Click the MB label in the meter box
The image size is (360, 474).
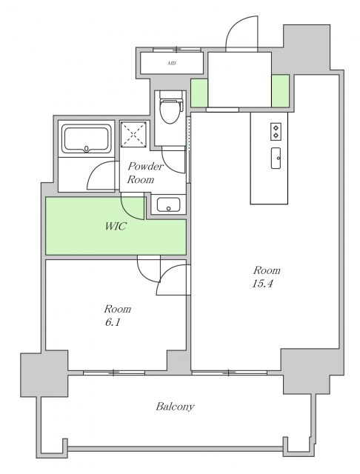point(172,64)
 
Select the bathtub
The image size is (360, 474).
point(87,138)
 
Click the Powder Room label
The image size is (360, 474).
point(145,173)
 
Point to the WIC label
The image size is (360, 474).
point(115,226)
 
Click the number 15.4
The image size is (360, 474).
point(262,284)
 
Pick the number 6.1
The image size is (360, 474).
point(113,323)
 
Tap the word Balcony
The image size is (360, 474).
point(175,407)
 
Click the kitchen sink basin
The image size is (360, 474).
point(276,158)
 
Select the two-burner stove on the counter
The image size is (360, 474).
point(276,131)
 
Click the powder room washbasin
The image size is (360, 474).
point(168,204)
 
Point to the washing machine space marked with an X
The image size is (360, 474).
point(133,135)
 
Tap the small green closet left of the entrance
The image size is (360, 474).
point(199,93)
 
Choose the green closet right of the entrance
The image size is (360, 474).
point(280,90)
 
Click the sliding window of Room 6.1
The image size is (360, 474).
point(114,373)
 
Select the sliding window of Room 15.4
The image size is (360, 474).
point(230,373)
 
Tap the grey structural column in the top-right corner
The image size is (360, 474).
point(305,48)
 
